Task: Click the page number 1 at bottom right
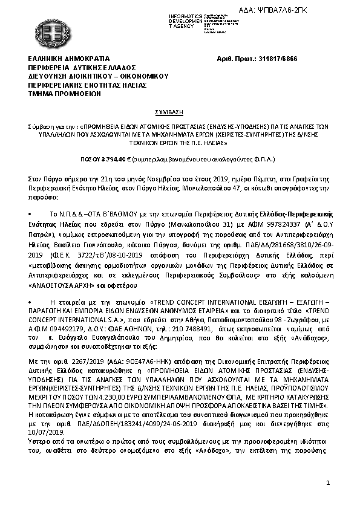(x=327, y=484)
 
